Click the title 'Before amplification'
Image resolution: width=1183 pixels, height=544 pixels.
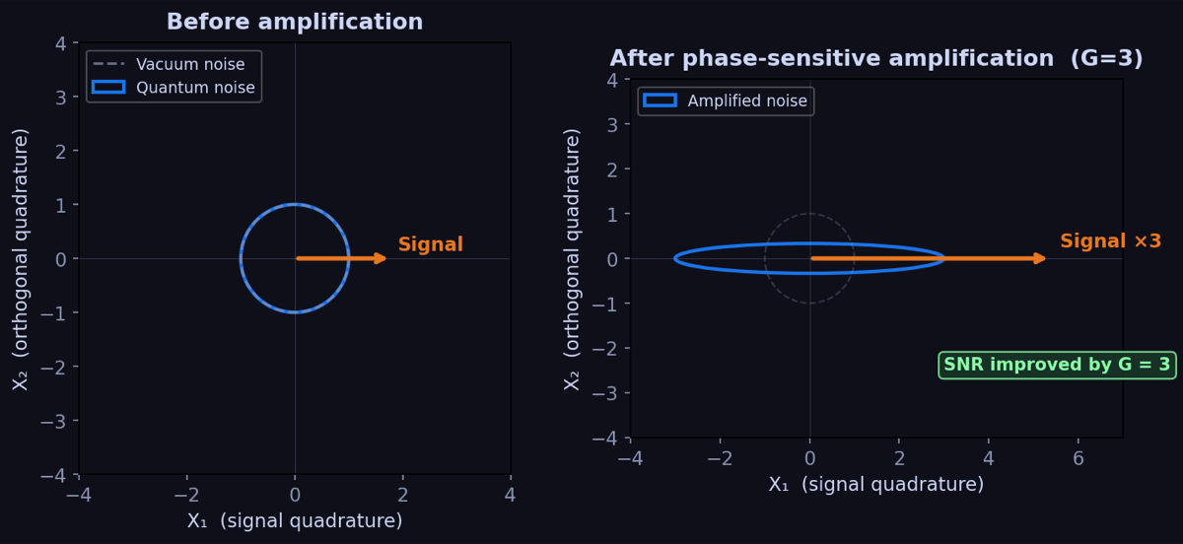coord(294,22)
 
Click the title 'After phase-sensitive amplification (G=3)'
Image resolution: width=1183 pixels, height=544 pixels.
coord(875,58)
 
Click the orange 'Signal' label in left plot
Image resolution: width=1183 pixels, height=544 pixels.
coord(430,244)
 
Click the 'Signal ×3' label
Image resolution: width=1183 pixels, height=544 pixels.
coord(1110,241)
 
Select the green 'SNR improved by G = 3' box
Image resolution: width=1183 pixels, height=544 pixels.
coord(1057,365)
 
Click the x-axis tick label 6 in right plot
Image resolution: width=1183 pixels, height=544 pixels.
coord(1078,457)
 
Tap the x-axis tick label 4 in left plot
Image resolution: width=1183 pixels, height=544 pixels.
coord(510,495)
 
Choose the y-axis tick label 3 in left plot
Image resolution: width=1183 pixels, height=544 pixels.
coord(59,98)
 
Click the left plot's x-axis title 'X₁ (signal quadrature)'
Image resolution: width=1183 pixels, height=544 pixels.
coord(294,520)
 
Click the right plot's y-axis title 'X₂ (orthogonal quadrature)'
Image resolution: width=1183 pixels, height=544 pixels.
coord(573,258)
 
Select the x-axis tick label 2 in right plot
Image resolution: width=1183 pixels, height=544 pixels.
coord(899,457)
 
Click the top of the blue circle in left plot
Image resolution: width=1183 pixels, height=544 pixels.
coord(295,205)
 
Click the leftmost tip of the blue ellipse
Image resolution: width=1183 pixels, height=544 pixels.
coord(675,258)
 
